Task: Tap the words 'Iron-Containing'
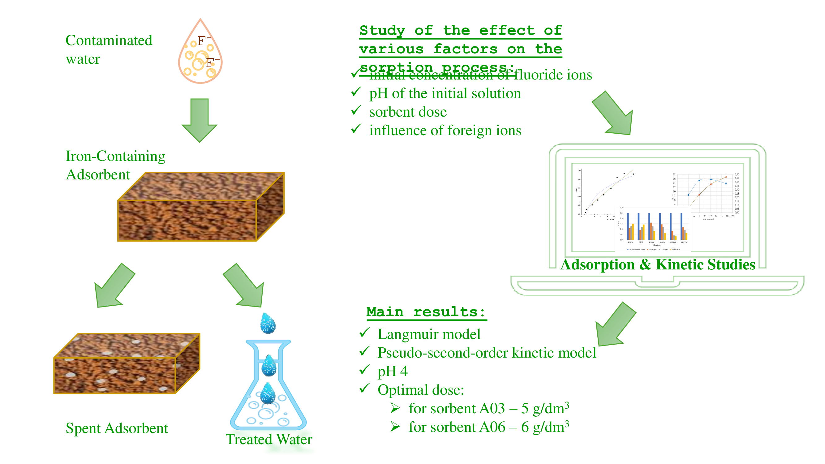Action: pyautogui.click(x=115, y=156)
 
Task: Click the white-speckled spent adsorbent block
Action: pyautogui.click(x=127, y=363)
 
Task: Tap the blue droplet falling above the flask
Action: pyautogui.click(x=268, y=324)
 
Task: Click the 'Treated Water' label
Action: pyautogui.click(x=269, y=439)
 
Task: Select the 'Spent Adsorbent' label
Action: pyautogui.click(x=117, y=428)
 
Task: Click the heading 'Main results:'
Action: pyautogui.click(x=426, y=312)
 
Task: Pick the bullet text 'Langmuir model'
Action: pyautogui.click(x=429, y=334)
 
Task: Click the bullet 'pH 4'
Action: pyautogui.click(x=392, y=372)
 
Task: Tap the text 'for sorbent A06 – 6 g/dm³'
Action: pyautogui.click(x=488, y=427)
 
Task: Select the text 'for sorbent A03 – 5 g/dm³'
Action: pyautogui.click(x=488, y=409)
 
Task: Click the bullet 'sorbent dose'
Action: pyautogui.click(x=408, y=112)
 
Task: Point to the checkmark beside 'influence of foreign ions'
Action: pyautogui.click(x=356, y=129)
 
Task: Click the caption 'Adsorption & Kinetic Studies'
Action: pyautogui.click(x=658, y=265)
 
